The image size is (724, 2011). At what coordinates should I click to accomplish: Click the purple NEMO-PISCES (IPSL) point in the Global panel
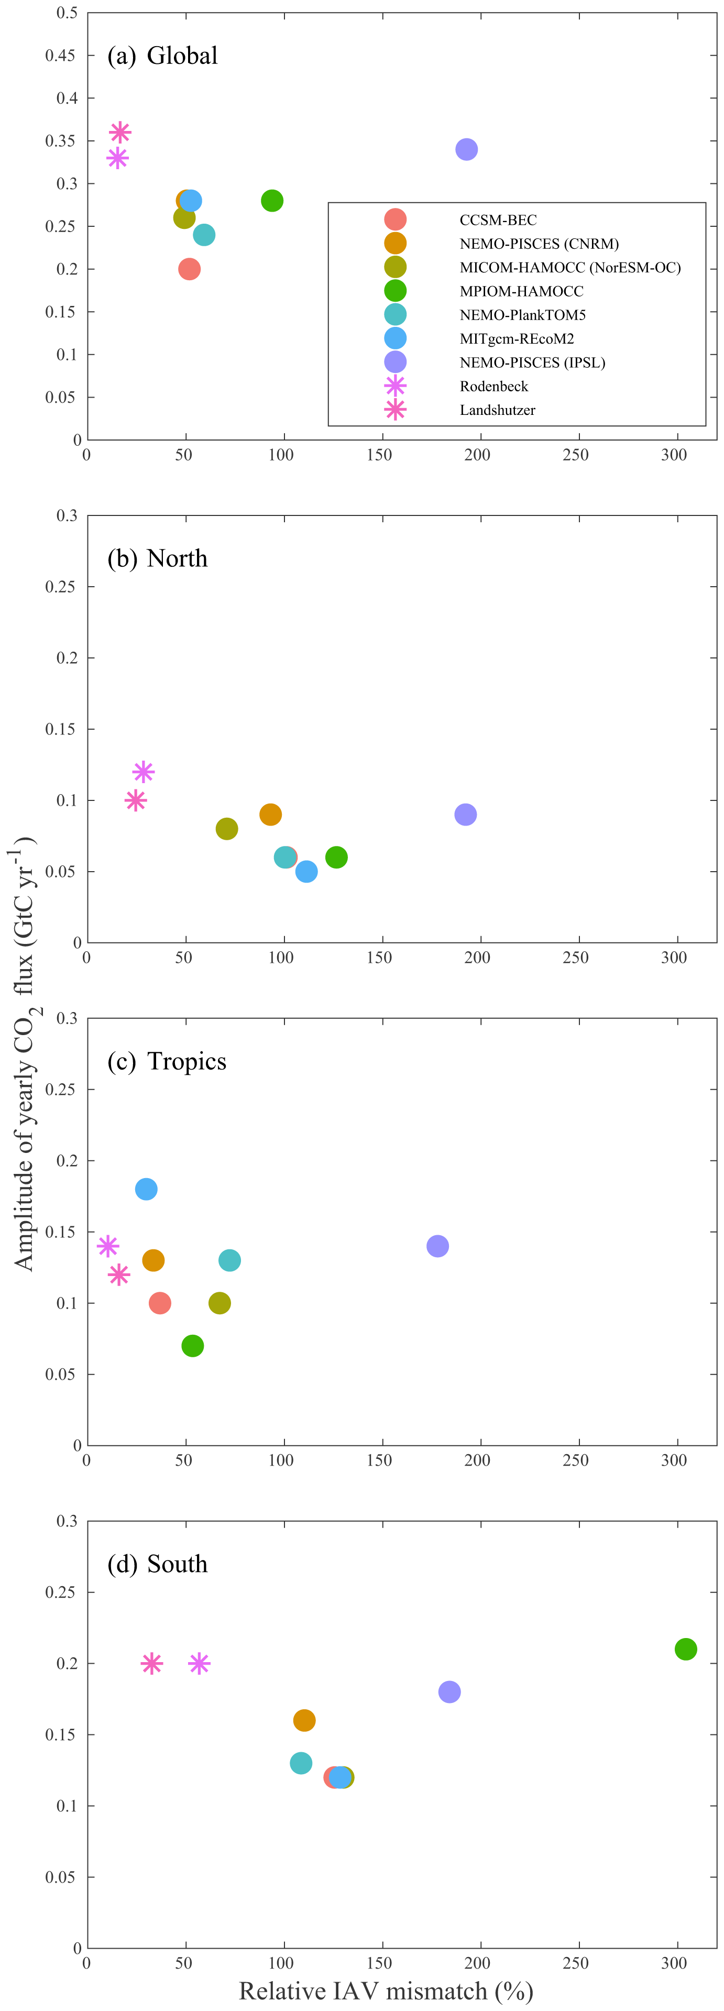(x=466, y=149)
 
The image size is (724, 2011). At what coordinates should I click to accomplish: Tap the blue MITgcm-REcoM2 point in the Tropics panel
(x=146, y=1189)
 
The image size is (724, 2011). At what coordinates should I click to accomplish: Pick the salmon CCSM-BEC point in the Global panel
(x=189, y=269)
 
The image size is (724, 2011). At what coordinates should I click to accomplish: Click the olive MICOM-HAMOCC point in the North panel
(x=226, y=829)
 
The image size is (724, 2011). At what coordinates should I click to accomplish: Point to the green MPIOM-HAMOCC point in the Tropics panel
(x=192, y=1346)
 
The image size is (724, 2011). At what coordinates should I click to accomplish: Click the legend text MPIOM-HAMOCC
(x=521, y=291)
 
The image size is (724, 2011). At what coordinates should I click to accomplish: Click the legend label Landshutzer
(x=498, y=410)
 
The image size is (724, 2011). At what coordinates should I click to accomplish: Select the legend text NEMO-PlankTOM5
(x=522, y=315)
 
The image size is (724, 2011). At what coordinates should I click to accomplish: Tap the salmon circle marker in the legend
(x=395, y=219)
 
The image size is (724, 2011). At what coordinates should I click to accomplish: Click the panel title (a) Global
(x=162, y=56)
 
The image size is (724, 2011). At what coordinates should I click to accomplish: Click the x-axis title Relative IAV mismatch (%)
(x=386, y=1990)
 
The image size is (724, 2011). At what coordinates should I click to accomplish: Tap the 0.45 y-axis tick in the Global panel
(x=60, y=56)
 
